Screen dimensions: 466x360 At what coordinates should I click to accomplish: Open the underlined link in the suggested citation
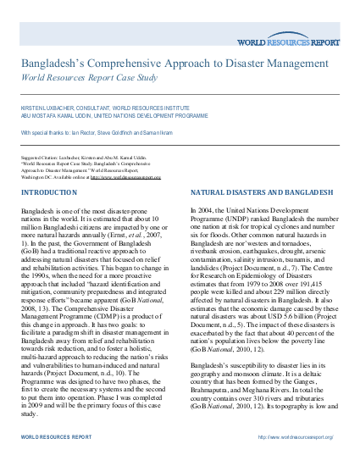(x=125, y=177)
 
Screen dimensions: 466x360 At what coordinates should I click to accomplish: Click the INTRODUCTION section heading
(x=47, y=192)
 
